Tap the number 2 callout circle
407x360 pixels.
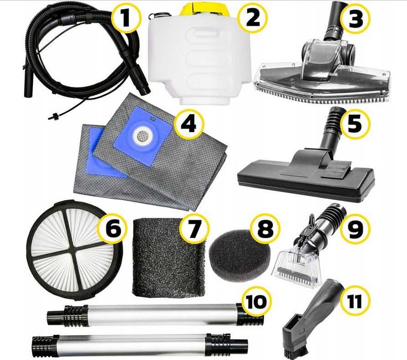252,18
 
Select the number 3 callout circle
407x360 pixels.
355,18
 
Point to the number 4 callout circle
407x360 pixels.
189,124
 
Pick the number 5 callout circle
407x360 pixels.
355,123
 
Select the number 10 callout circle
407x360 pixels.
256,301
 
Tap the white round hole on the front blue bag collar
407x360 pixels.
141,135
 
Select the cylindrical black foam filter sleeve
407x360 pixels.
169,259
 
